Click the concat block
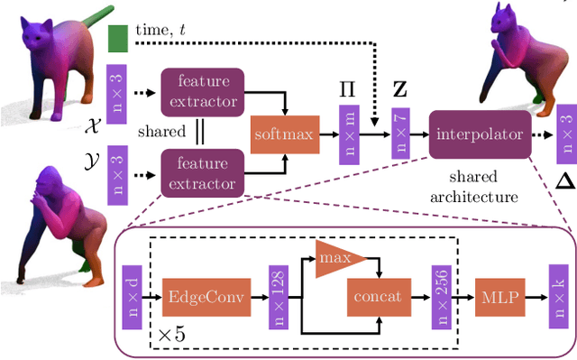377,294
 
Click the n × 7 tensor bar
400,134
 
